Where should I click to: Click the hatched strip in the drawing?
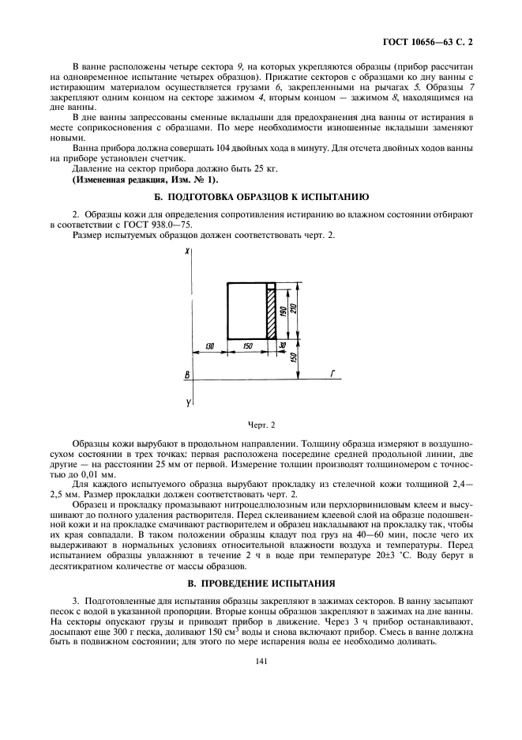point(271,314)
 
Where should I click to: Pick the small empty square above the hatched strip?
point(271,285)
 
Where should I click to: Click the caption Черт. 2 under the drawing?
point(261,425)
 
